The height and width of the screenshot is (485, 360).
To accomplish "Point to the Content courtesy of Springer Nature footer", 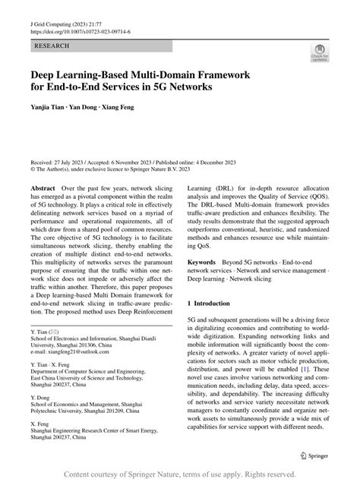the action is point(180,474).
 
